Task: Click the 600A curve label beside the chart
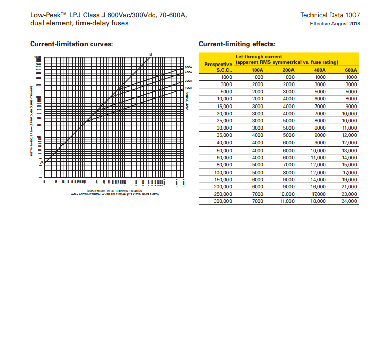(x=187, y=67)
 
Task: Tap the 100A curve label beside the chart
(x=187, y=88)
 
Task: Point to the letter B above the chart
(x=151, y=54)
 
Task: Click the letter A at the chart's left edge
(x=41, y=163)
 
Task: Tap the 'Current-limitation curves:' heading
(x=72, y=44)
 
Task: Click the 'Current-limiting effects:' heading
(x=237, y=44)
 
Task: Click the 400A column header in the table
(x=319, y=70)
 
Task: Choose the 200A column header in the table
(x=288, y=70)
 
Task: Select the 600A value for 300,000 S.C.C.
(x=349, y=202)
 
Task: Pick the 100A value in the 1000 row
(x=258, y=77)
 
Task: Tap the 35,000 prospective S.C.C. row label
(x=224, y=136)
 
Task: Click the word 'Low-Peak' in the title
(x=45, y=15)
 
